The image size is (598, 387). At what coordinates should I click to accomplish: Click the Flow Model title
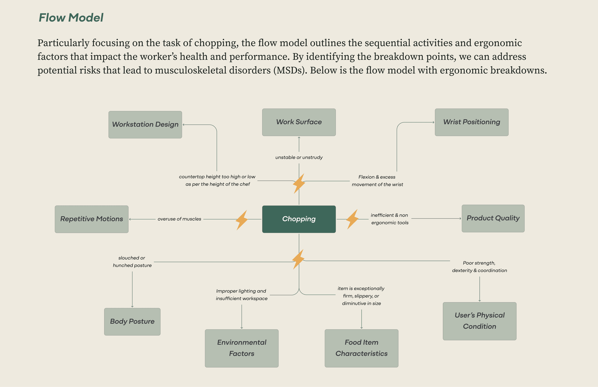coord(71,18)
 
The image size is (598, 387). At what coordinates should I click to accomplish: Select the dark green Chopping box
coord(299,219)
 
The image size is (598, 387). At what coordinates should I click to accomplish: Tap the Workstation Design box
coord(145,125)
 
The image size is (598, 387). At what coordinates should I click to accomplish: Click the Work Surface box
coord(299,122)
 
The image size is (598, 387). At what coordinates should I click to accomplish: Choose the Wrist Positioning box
coord(471,122)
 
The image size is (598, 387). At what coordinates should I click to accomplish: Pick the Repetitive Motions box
coord(91,219)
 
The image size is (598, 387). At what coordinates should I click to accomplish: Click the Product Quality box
coord(493,218)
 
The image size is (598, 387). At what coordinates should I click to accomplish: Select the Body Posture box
coord(132,321)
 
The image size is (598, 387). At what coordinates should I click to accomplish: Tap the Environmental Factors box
coord(241,348)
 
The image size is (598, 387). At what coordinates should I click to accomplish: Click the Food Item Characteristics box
coord(361,348)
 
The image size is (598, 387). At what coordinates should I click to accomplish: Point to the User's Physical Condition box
coord(479,321)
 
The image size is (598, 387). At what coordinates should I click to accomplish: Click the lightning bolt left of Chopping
coord(242,220)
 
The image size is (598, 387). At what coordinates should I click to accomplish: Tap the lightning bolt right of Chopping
coord(352,219)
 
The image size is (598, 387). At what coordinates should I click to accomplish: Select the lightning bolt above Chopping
coord(299,183)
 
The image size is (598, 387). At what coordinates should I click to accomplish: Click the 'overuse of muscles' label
coord(179,219)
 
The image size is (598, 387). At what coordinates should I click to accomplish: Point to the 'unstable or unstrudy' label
coord(299,157)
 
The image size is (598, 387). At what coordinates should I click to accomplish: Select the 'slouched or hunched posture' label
coord(132,261)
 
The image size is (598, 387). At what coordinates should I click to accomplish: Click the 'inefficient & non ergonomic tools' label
coord(390,219)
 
